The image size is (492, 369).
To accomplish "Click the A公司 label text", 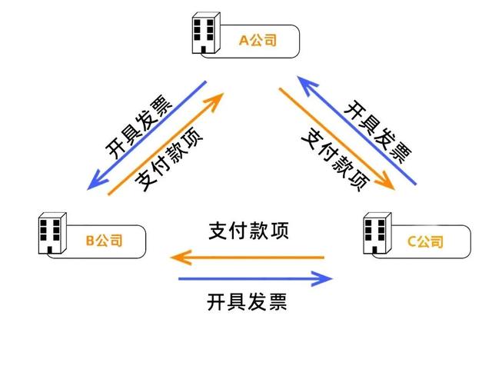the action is pos(258,41).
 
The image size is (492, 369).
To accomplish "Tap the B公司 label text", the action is pos(104,241).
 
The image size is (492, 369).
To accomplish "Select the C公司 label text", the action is pos(425,241).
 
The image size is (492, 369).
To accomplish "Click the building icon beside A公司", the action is pos(206,33).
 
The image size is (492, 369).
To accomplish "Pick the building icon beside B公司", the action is pos(52,233).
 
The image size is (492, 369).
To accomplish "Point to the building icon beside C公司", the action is pos(377,233).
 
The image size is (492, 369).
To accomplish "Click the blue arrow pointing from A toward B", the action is pos(147,135).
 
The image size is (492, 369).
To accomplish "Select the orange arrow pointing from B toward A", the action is pos(166,144).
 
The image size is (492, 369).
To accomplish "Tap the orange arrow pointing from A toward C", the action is pos(337,139).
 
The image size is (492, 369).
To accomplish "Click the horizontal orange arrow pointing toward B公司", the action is pos(248,258).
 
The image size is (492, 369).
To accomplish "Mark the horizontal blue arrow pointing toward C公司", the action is pos(255,278).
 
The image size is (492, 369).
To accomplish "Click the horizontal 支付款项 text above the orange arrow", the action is pos(248,231).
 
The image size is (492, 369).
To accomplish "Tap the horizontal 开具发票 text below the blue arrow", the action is pos(247,301).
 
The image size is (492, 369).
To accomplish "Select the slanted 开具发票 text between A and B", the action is pos(138,126).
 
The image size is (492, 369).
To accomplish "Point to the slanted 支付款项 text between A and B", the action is pos(168,159).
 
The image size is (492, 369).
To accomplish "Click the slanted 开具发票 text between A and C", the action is pos(377,131).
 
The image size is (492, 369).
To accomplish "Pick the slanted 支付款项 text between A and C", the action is pos(335,160).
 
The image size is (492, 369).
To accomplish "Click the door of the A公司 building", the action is pos(203,50).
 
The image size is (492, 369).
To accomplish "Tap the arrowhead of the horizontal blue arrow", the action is pos(323,278).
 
